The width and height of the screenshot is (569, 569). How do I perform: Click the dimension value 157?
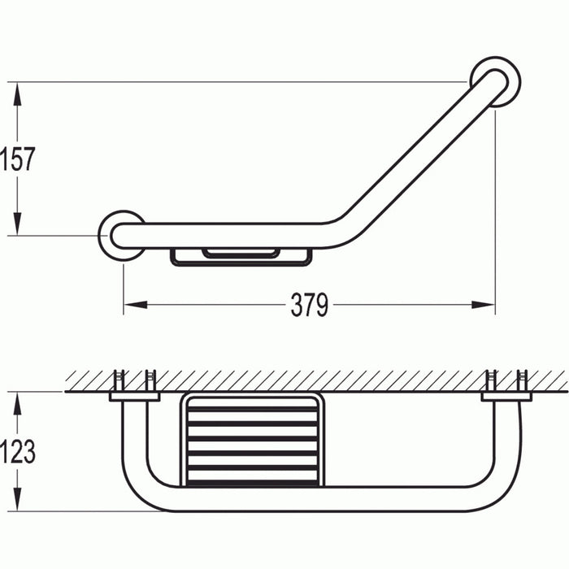(18, 159)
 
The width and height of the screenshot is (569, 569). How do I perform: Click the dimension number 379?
(310, 306)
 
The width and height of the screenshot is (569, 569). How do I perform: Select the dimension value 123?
(18, 451)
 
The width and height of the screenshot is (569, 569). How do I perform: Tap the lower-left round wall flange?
(122, 234)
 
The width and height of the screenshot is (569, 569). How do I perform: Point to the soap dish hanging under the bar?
(241, 256)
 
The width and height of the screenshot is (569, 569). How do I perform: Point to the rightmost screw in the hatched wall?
(522, 380)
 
